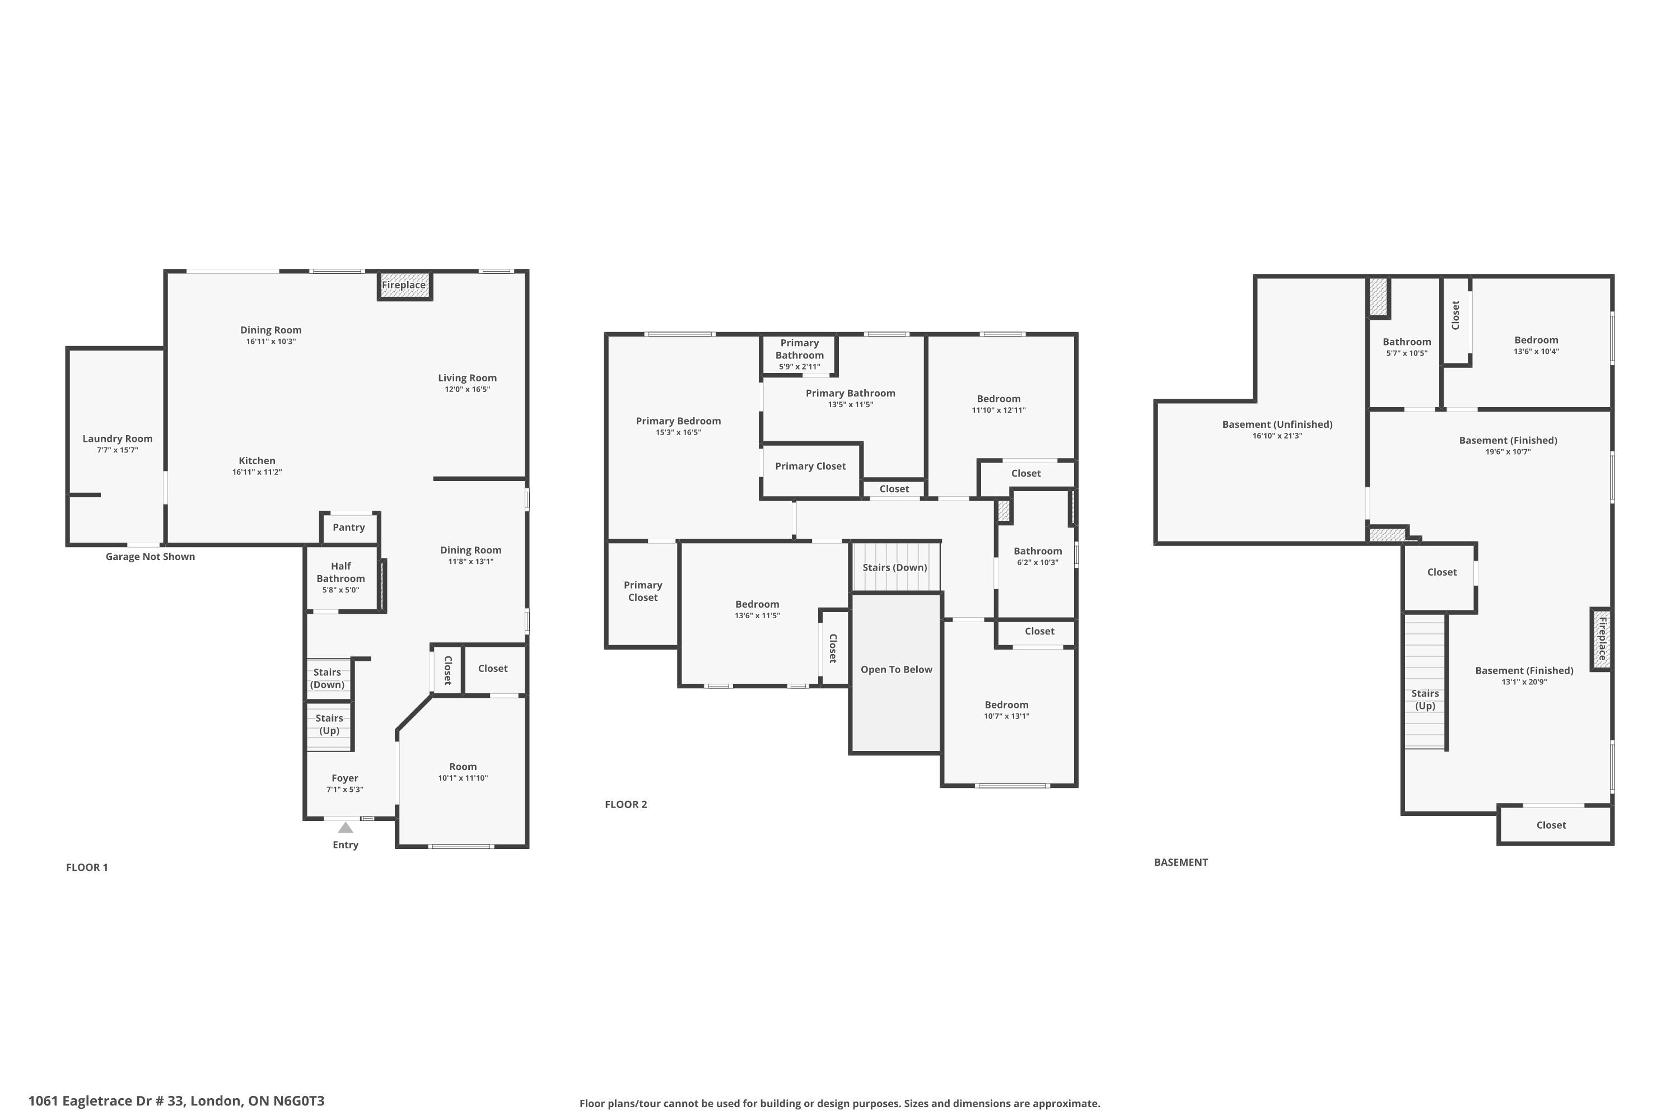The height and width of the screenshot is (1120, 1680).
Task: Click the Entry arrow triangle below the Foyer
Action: [x=346, y=828]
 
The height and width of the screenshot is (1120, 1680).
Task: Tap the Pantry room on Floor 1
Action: [x=349, y=528]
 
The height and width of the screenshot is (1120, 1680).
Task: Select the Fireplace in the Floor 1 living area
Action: [x=405, y=285]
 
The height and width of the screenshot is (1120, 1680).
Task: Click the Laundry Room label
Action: [x=117, y=438]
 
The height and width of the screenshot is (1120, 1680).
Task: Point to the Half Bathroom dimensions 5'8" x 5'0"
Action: [x=340, y=590]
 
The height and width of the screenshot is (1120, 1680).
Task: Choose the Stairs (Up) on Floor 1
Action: [x=329, y=726]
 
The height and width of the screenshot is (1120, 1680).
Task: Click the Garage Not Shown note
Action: [x=150, y=557]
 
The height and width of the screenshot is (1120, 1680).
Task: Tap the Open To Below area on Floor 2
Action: [x=895, y=672]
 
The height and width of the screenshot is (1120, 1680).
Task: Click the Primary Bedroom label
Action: [x=679, y=421]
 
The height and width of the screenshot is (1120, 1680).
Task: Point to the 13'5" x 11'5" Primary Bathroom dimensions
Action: [x=851, y=404]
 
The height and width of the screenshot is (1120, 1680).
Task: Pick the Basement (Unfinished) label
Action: [x=1277, y=424]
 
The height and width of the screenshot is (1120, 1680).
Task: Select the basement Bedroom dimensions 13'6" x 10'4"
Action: [x=1537, y=352]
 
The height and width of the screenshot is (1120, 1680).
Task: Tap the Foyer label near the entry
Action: [x=345, y=778]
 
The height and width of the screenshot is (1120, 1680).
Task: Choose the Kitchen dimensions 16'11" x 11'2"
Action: [x=257, y=472]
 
